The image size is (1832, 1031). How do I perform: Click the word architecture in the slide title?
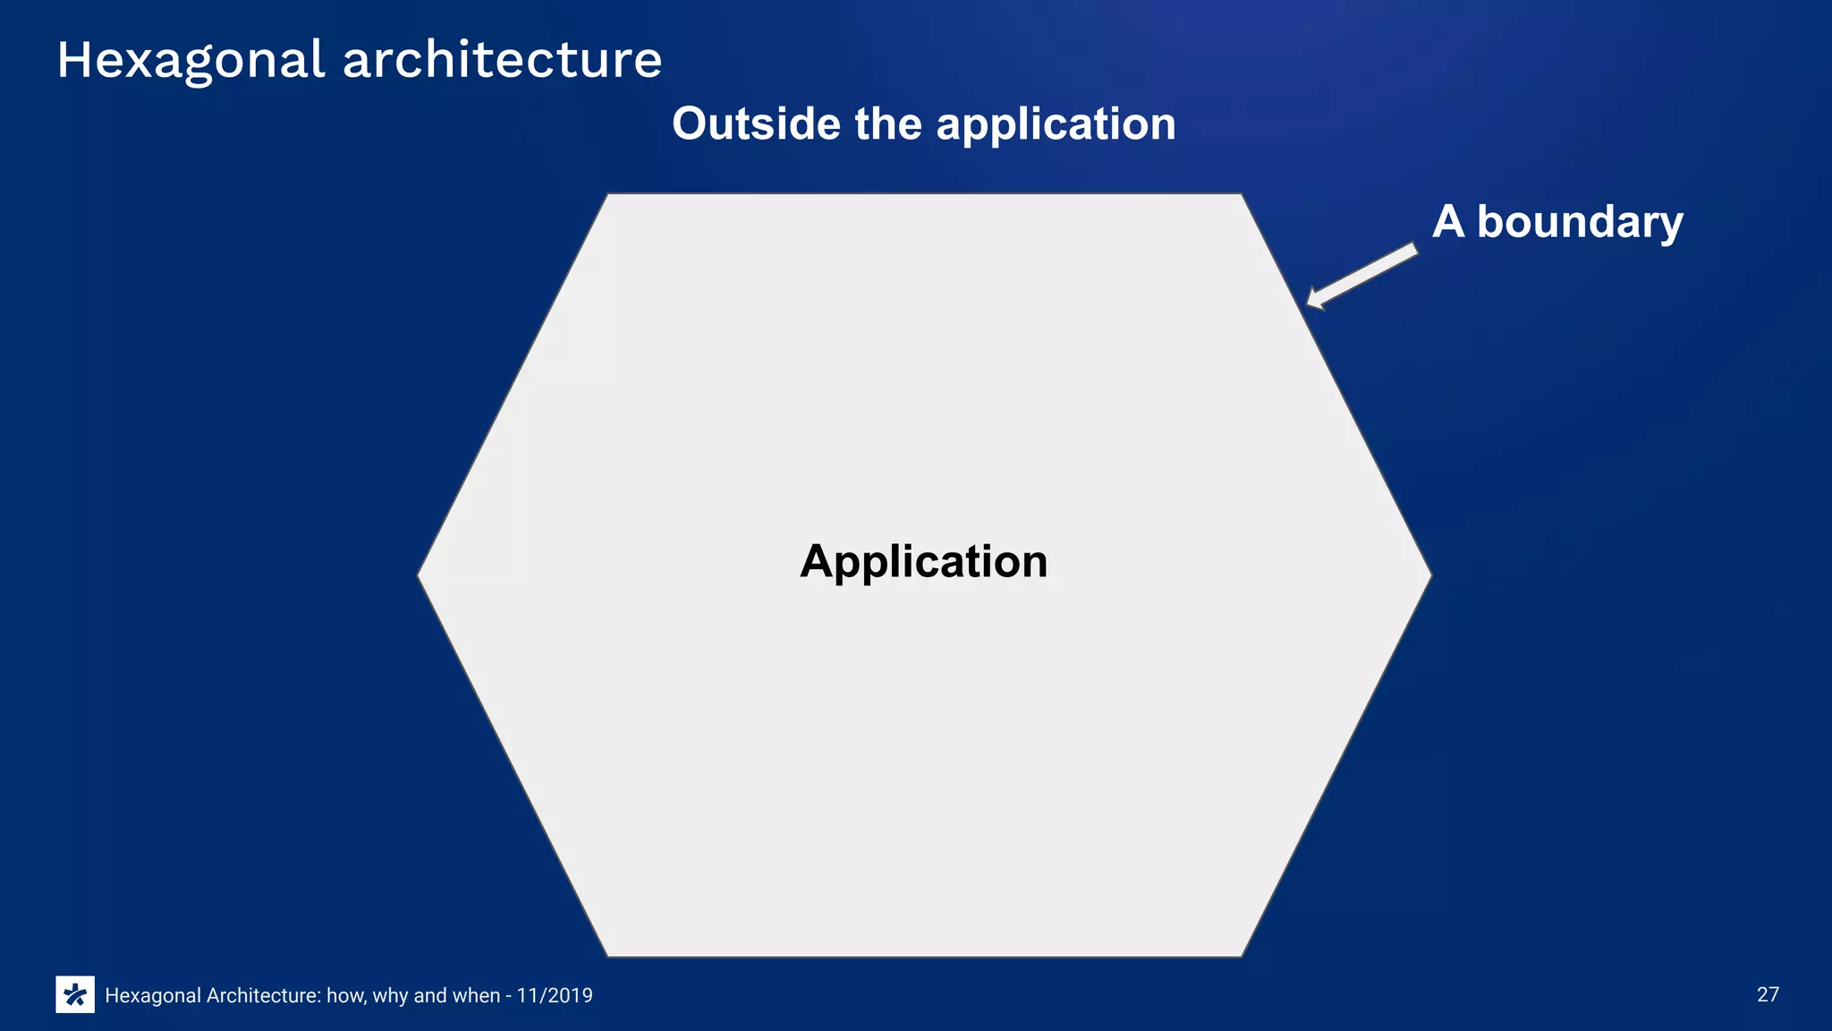click(502, 61)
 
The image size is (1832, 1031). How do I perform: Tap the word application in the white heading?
click(1056, 125)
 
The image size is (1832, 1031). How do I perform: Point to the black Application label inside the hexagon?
click(923, 562)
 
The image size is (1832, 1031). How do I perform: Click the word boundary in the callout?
click(1580, 222)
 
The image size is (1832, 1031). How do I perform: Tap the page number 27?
click(1768, 994)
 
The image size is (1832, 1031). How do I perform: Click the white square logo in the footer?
click(75, 994)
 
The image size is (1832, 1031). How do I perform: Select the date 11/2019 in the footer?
click(555, 995)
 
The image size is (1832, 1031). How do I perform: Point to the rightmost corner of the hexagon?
click(1430, 575)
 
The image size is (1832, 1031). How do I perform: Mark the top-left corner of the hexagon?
click(608, 195)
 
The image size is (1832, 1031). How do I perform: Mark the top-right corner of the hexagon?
click(1241, 195)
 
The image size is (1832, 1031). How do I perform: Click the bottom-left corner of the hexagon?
click(608, 955)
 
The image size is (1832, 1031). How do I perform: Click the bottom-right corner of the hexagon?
click(1241, 955)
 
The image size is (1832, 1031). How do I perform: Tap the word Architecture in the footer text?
click(263, 995)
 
